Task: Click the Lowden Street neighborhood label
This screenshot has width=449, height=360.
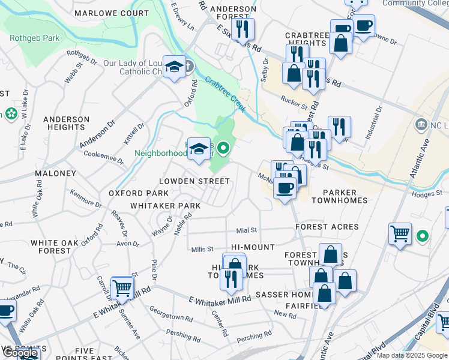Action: click(x=194, y=181)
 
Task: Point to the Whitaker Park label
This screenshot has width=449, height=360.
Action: click(x=165, y=206)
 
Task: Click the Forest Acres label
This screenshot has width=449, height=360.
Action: click(x=327, y=227)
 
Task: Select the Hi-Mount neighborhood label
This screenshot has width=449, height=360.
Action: click(x=253, y=247)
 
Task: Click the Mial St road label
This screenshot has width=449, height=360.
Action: click(x=246, y=230)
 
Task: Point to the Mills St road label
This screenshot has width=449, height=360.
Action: click(x=202, y=249)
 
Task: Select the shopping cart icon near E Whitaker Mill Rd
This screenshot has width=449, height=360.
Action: click(x=122, y=289)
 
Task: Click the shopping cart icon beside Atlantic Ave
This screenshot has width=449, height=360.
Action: click(x=400, y=233)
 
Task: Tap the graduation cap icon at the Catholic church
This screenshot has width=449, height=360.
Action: click(x=175, y=68)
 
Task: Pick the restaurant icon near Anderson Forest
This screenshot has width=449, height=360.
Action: click(x=243, y=29)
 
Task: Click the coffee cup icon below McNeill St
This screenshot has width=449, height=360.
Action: click(x=285, y=187)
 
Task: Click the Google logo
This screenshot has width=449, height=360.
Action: click(x=19, y=353)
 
